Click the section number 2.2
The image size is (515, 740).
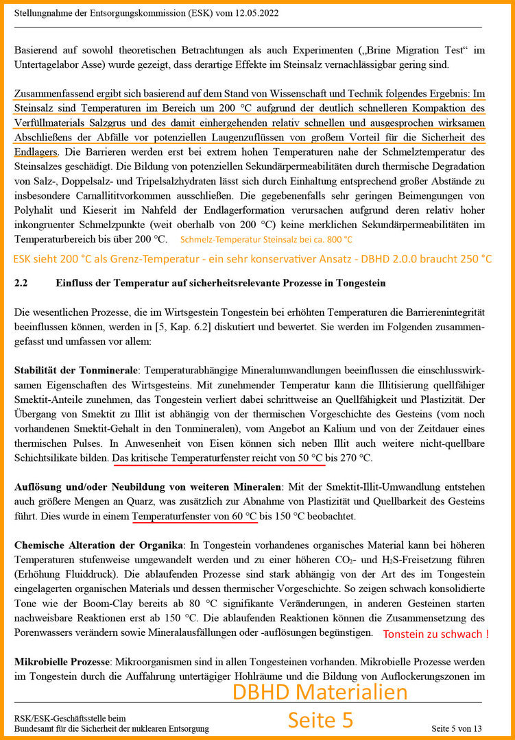point(22,283)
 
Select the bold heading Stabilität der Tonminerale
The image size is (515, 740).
point(77,370)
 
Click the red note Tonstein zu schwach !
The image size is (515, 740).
point(435,634)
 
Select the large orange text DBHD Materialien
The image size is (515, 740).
point(320,693)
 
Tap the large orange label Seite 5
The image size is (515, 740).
point(320,719)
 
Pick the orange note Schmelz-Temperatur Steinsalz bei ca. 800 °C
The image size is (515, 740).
point(266,239)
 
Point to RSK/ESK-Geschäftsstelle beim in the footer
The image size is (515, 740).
point(61,717)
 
